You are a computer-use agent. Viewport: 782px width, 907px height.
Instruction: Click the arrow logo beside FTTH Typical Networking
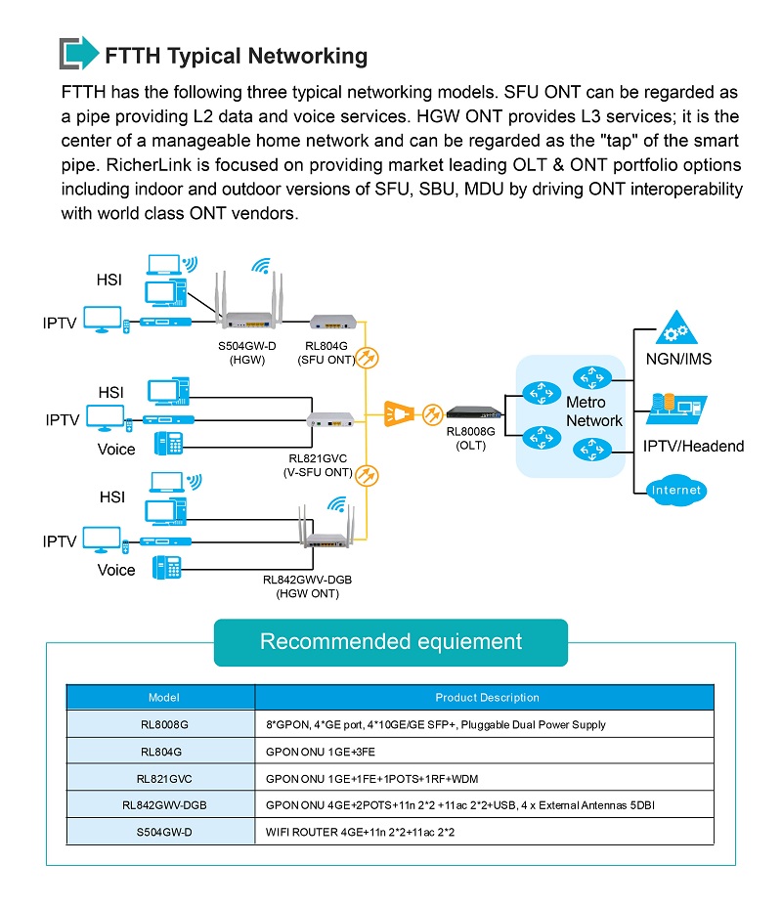tap(79, 53)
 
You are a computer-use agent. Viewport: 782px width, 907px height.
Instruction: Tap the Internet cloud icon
tap(675, 491)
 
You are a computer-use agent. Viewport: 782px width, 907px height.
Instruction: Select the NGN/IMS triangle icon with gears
tap(676, 328)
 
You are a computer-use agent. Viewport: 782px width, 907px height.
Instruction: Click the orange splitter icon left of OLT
tap(399, 413)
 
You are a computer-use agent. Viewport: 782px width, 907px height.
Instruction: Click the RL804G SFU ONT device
tap(332, 321)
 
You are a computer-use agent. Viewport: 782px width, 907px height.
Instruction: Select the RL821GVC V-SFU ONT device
tap(330, 419)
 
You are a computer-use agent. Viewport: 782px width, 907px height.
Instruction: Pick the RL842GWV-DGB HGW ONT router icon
tap(326, 527)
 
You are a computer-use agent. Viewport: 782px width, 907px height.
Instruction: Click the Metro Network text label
tap(594, 411)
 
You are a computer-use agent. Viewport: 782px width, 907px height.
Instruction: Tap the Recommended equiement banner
tap(391, 642)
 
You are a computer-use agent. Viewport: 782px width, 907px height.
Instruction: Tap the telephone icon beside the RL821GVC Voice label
tap(169, 444)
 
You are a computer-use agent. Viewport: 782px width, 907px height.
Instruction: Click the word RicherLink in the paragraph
tap(149, 165)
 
